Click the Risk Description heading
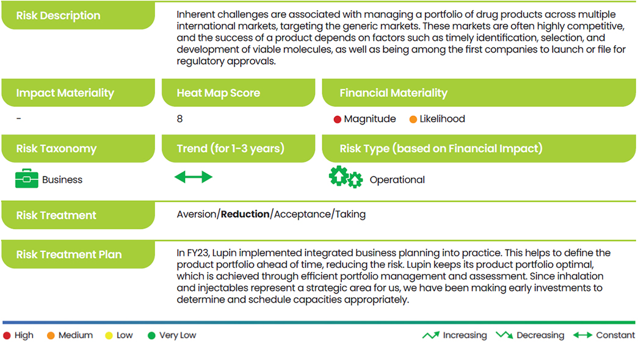[58, 15]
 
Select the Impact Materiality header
[65, 93]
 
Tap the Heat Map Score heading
[218, 93]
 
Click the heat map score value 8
[179, 119]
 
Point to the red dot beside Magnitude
[337, 119]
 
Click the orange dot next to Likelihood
[413, 119]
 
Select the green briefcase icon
[26, 178]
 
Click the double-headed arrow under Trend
[194, 177]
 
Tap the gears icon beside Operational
[346, 177]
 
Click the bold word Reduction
[245, 214]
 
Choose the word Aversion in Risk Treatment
[197, 214]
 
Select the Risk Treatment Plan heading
[69, 254]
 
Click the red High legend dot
[7, 336]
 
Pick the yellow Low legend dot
[109, 336]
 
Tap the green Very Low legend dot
[151, 336]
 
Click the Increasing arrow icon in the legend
[431, 335]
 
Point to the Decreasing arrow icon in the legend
[504, 335]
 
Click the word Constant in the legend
[615, 335]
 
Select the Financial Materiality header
[393, 93]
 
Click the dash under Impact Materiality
[19, 119]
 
